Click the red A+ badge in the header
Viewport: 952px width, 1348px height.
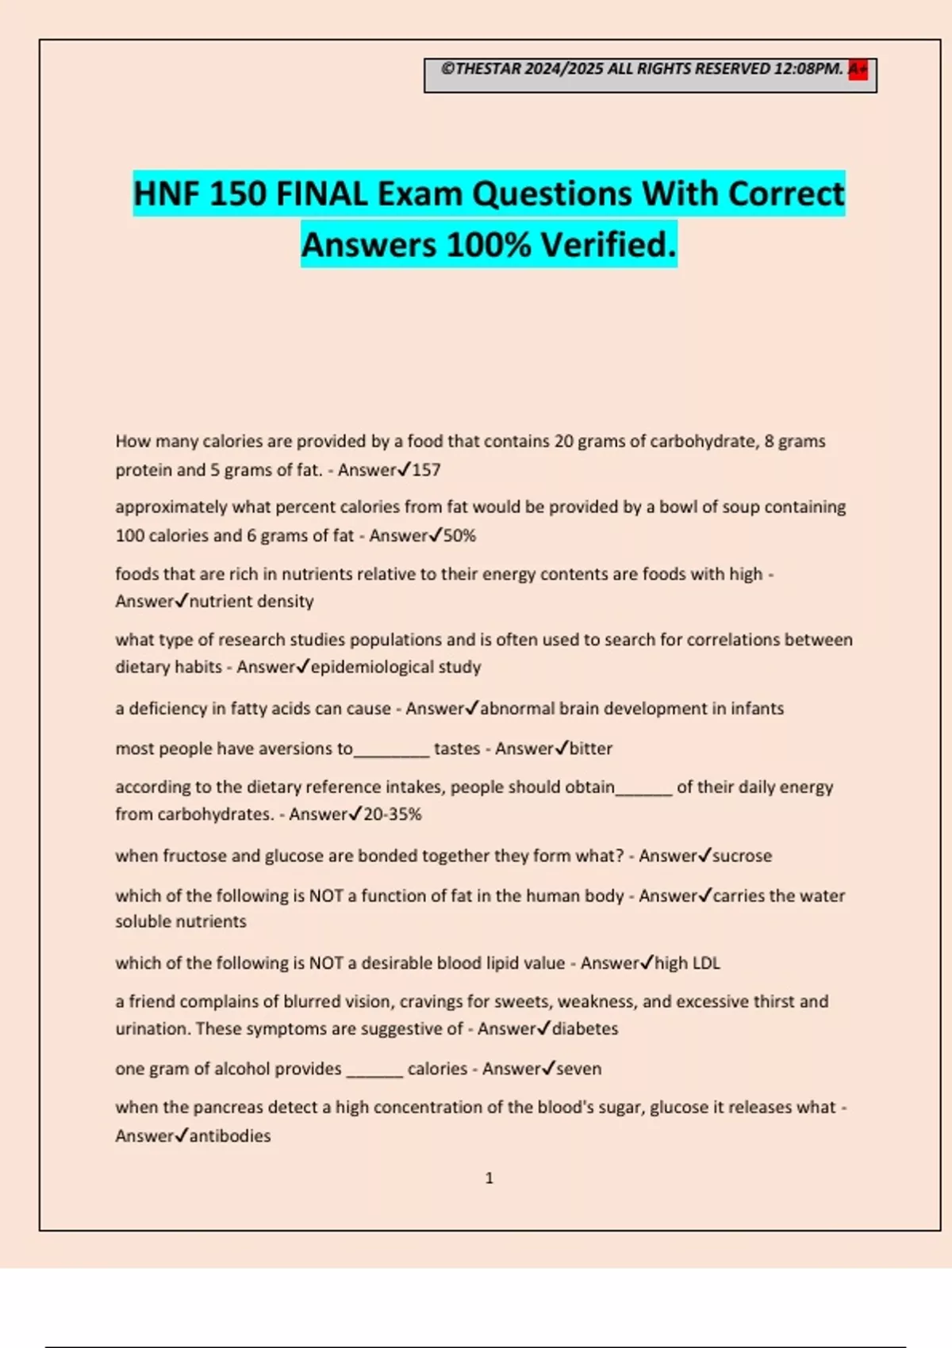(858, 69)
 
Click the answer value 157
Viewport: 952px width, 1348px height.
(426, 470)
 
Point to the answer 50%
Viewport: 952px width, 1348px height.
(459, 536)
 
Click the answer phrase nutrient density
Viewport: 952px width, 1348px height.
(251, 602)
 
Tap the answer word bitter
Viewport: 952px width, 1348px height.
(591, 749)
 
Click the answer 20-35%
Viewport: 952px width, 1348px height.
(393, 814)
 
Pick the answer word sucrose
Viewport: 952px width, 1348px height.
(743, 856)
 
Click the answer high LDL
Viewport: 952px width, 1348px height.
(688, 963)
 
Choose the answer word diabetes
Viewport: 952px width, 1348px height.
(585, 1029)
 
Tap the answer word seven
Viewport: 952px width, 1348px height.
(579, 1069)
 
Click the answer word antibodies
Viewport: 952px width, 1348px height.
(230, 1136)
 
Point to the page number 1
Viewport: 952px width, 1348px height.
(489, 1178)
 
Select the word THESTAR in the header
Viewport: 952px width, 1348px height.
(488, 69)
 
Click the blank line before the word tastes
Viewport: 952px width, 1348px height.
(391, 753)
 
